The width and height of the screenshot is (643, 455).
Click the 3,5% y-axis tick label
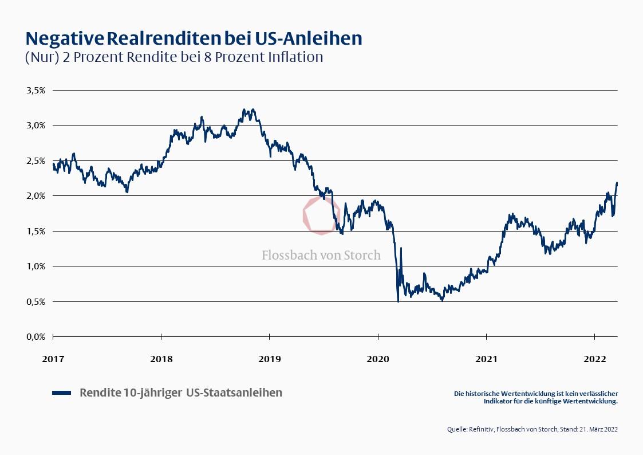click(x=35, y=90)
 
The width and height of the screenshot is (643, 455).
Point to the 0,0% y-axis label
click(x=35, y=337)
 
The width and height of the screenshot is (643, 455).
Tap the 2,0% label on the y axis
click(x=35, y=196)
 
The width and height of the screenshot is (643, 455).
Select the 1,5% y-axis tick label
click(x=35, y=231)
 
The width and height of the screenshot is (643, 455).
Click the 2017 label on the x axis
click(x=53, y=359)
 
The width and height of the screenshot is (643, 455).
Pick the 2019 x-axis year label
click(x=270, y=359)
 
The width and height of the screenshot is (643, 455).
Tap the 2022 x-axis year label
click(x=594, y=359)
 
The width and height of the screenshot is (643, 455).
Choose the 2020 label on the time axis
click(x=378, y=359)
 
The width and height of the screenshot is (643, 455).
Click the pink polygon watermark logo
click(x=321, y=215)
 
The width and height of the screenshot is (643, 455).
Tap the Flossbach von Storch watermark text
click(x=321, y=255)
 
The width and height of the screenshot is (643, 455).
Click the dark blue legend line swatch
click(x=61, y=393)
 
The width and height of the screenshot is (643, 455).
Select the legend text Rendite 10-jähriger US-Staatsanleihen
click(x=181, y=393)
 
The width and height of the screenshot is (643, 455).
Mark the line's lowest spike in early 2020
click(x=398, y=301)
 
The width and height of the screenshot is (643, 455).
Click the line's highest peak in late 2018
click(x=244, y=109)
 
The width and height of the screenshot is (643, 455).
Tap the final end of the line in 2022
click(x=617, y=183)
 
